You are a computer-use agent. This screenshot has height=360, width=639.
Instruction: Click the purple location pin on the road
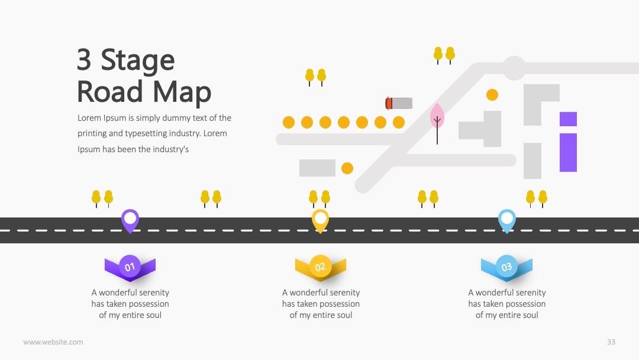pos(130,221)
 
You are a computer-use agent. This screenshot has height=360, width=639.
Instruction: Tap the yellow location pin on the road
pos(320,221)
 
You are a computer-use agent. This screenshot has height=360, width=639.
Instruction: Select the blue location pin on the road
pos(507,221)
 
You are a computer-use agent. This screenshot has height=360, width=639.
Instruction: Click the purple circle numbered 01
pos(130,266)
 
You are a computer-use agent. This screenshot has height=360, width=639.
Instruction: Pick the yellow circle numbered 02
pos(320,266)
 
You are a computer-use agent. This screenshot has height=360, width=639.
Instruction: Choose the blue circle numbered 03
pos(506,266)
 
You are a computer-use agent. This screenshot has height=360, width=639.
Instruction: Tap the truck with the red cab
pos(399,103)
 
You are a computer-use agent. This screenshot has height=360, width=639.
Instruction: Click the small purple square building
pos(568,119)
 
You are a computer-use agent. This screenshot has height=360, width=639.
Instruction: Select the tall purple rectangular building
pos(568,153)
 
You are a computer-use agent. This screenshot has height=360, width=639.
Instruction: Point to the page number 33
pos(611,342)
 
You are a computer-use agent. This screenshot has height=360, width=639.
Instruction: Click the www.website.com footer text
pos(53,342)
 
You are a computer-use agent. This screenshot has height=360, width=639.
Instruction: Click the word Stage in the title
pos(138,60)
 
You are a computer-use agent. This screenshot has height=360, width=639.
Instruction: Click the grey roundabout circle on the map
pos(514,67)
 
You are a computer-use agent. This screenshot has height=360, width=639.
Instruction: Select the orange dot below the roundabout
pos(492,95)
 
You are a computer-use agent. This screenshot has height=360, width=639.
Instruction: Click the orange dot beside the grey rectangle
pos(347,168)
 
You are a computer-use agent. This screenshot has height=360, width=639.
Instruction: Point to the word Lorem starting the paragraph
pos(89,118)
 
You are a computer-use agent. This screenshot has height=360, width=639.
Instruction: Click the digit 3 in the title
pos(84,60)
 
